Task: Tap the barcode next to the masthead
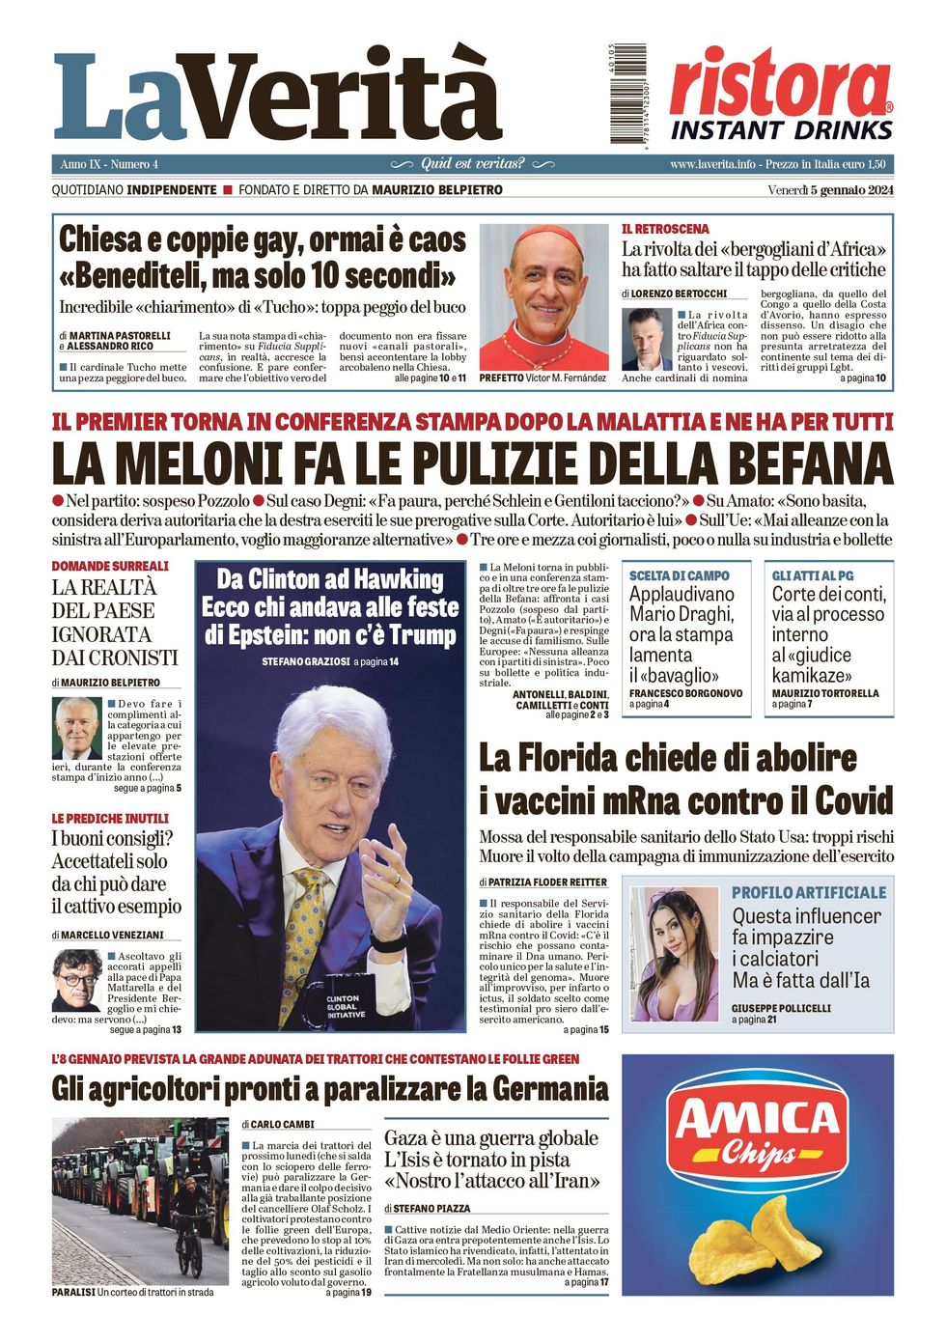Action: pos(627,95)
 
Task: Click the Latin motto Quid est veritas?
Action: pos(472,164)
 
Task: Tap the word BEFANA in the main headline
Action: pos(794,463)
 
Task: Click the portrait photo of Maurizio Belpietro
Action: pos(76,728)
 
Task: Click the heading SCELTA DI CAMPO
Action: pos(679,575)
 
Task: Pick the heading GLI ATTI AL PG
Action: pos(812,575)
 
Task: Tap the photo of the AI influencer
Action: pos(674,954)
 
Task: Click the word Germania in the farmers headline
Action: pos(550,1089)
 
